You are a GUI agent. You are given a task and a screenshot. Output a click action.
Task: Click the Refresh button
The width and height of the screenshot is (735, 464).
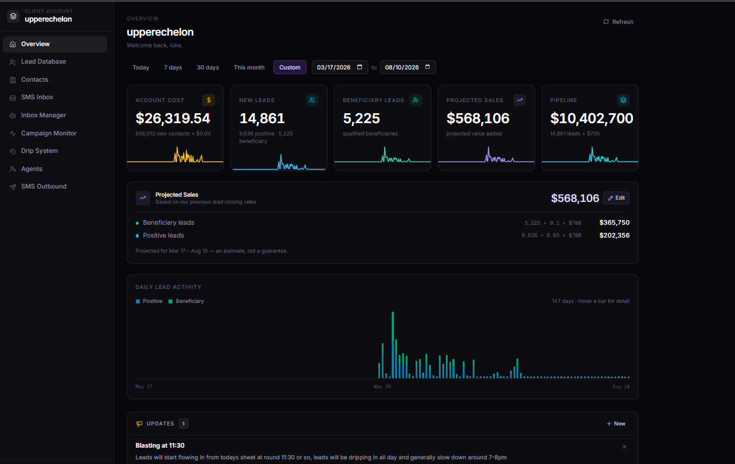coord(618,22)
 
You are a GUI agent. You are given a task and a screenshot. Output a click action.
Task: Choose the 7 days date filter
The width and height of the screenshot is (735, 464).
coord(173,67)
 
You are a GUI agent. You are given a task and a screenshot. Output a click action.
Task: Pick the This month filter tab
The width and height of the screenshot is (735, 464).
coord(249,67)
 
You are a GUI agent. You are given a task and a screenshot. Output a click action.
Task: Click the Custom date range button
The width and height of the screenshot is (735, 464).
coord(290,67)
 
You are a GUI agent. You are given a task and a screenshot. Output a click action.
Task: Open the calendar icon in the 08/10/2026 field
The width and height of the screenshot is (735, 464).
coord(428,67)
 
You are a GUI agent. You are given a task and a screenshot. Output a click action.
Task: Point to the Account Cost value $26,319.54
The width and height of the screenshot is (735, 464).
coord(173,118)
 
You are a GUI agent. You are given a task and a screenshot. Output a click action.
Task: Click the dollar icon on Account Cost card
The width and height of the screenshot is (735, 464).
coord(209,100)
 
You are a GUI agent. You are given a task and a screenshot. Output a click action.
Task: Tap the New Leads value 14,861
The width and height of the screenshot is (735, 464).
coord(262,118)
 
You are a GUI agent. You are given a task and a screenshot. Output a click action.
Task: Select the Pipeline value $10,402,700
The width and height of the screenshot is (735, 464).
coord(592,118)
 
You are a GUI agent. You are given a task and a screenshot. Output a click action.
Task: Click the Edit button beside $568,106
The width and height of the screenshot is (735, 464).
coord(616,198)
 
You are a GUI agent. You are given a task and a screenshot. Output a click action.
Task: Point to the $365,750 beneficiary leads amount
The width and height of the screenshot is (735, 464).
coord(614,222)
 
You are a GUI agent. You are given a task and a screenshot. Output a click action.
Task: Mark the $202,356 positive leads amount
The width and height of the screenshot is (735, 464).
coord(614,235)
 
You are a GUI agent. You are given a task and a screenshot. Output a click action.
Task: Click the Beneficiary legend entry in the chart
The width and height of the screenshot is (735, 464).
coord(186,301)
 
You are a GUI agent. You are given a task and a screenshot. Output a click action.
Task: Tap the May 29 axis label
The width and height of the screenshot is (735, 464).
coord(382,386)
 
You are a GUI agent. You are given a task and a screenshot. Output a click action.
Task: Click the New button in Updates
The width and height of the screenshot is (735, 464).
coord(616,424)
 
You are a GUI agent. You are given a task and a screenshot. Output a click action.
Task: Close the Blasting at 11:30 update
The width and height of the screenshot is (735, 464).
coord(624,446)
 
